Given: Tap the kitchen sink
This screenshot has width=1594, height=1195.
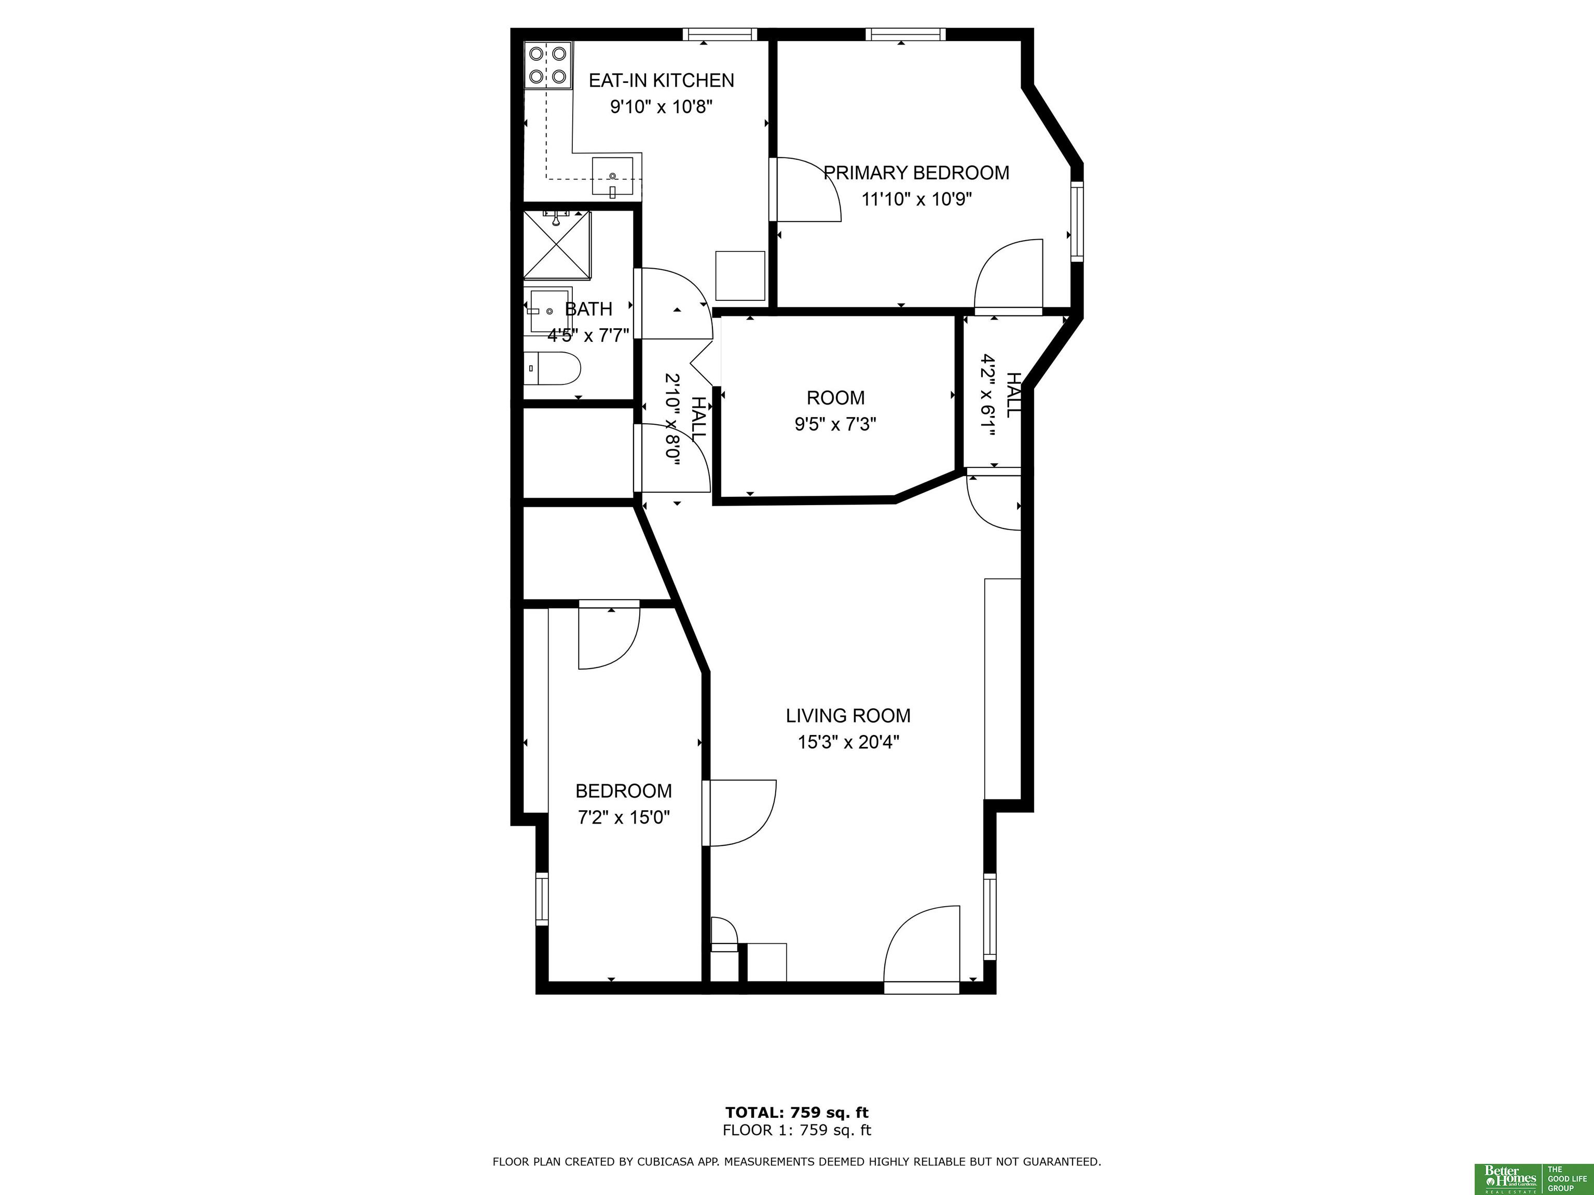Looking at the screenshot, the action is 612,176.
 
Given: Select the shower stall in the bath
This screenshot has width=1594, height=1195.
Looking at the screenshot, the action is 556,245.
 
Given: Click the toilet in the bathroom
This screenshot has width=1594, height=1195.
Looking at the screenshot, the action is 552,368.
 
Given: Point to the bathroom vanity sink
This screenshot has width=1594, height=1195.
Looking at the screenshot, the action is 549,311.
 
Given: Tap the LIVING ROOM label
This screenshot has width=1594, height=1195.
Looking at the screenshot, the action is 848,715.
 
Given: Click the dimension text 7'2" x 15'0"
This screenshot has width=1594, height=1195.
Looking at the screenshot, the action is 624,817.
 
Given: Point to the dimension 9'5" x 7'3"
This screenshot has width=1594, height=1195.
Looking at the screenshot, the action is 835,424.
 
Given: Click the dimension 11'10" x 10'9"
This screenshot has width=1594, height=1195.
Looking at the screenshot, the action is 917,199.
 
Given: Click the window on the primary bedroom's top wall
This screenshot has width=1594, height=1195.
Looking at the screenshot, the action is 905,34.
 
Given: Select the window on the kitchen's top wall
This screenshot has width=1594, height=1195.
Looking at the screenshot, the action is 720,34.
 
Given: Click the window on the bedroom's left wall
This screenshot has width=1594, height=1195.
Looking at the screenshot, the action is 542,899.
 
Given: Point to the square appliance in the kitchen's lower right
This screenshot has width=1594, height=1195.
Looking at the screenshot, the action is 740,275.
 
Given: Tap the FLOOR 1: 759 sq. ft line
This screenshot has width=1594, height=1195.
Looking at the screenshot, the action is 797,1130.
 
